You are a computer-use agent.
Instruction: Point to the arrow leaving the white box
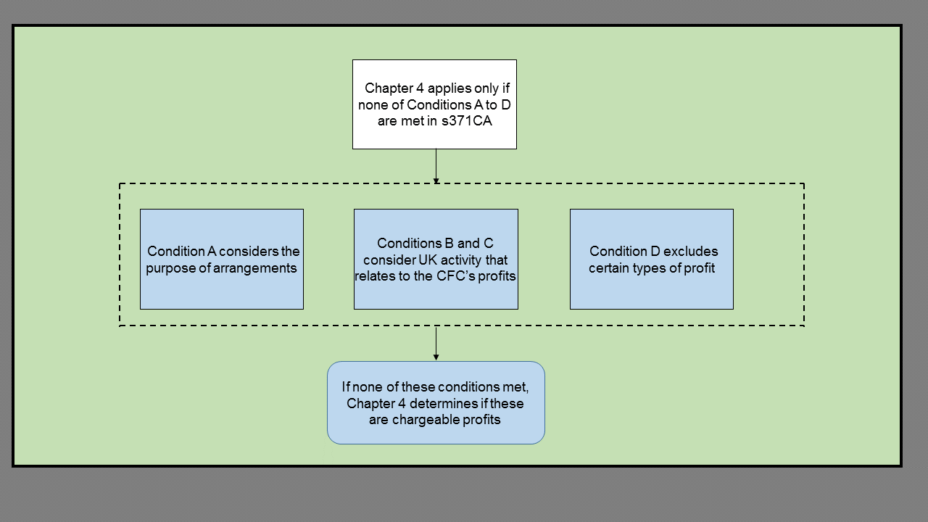(x=436, y=166)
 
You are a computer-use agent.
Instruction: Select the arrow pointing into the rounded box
(x=436, y=343)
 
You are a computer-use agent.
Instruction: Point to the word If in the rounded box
(x=346, y=387)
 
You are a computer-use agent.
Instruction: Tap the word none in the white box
(x=373, y=105)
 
